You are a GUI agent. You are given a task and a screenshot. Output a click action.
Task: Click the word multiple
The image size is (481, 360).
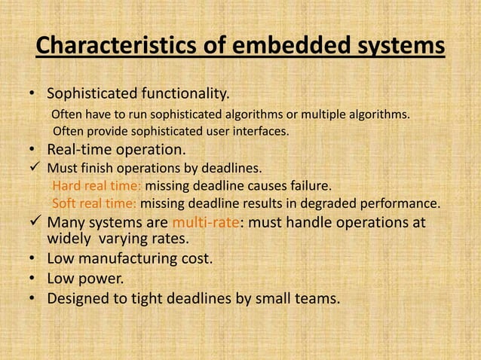[334, 114]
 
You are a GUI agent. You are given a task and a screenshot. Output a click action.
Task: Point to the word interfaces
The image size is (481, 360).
[261, 131]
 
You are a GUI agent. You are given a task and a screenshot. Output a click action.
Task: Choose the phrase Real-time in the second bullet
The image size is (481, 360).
[80, 149]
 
